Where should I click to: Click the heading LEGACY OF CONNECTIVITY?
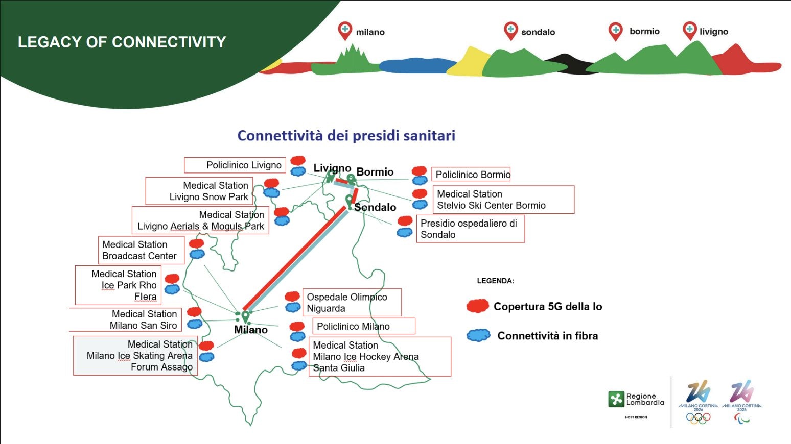(122, 42)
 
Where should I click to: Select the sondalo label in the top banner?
(538, 32)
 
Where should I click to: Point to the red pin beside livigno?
(689, 30)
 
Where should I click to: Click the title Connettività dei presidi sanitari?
(346, 135)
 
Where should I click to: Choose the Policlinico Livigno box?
(235, 165)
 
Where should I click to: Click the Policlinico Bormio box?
(471, 175)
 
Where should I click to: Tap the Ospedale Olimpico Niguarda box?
(352, 302)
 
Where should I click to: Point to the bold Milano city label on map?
(251, 330)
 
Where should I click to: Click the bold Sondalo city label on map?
(375, 207)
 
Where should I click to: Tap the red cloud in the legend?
(478, 306)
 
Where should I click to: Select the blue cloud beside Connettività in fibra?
(478, 335)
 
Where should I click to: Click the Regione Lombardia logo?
(636, 400)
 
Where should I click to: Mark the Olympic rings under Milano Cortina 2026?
(698, 418)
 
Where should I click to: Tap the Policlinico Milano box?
(363, 326)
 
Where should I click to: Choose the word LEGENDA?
(495, 281)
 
